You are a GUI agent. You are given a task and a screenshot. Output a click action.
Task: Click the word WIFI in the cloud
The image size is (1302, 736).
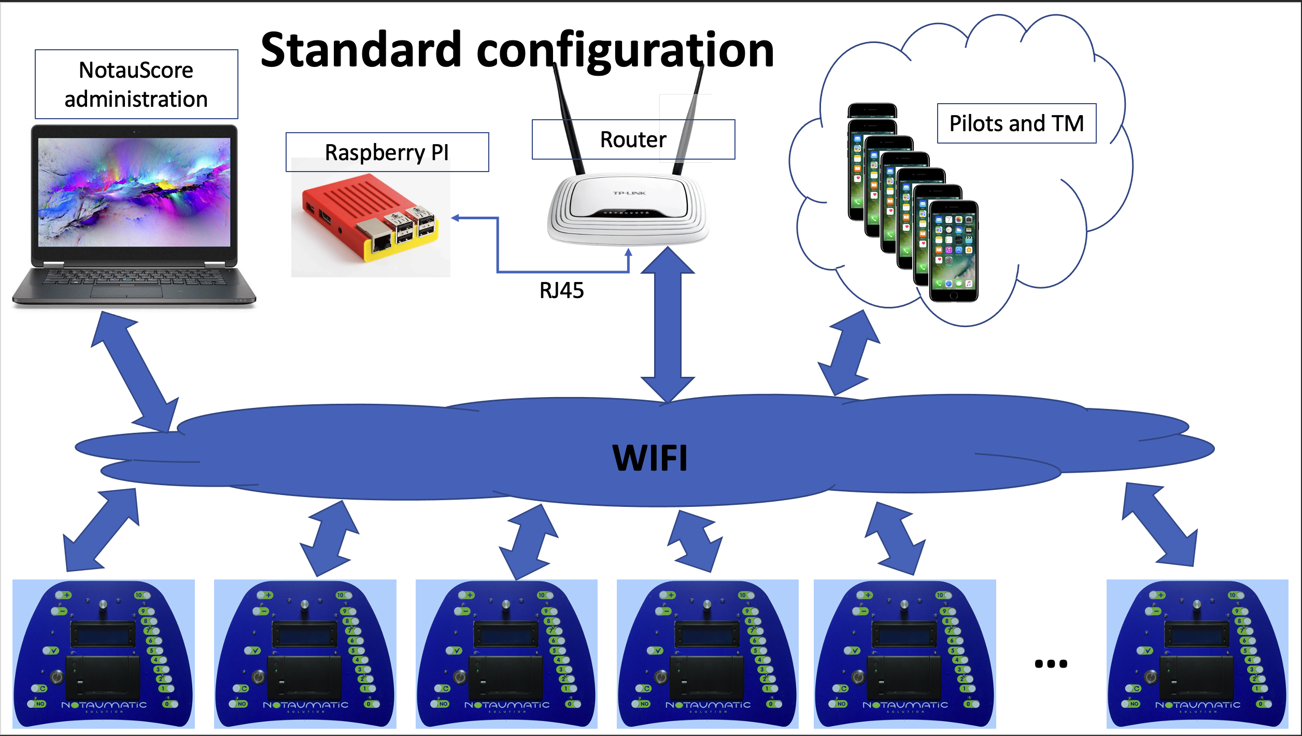point(650,458)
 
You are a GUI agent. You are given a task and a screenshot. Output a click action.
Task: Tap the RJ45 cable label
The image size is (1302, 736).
point(561,291)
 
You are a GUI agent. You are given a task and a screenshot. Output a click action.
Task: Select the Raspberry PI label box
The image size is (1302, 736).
point(387,152)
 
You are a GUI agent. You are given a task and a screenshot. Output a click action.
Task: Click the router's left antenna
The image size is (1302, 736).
point(569,119)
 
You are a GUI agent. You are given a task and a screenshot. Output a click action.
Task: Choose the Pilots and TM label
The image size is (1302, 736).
point(1016,123)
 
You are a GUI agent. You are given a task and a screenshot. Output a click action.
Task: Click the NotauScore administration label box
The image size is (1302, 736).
point(136,84)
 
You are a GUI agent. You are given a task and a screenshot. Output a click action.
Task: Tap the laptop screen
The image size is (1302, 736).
point(134,192)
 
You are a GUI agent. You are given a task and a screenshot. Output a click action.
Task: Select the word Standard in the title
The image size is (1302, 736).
point(361,50)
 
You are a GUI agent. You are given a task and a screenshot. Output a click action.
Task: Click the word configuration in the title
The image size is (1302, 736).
point(625,50)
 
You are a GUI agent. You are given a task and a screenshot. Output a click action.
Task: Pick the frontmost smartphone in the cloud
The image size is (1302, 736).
point(954,251)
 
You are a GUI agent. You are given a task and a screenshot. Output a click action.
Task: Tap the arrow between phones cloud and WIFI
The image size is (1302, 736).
point(848,352)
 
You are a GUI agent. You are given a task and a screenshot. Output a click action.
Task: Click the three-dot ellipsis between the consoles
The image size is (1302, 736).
point(1051,664)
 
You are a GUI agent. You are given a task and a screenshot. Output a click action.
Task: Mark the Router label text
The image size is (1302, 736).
point(633,139)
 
